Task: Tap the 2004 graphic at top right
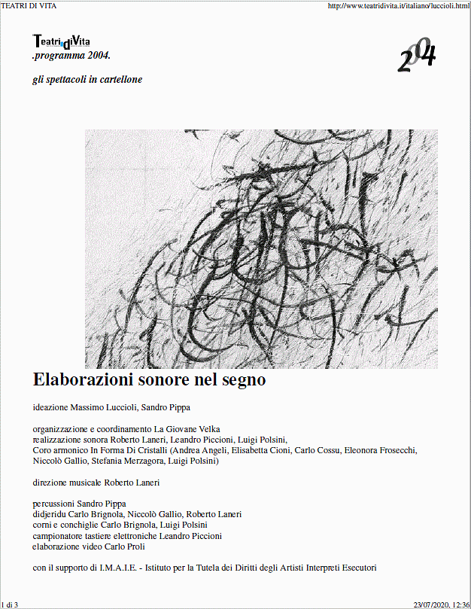(416, 55)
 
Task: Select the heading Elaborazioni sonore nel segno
(149, 380)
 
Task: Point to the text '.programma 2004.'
(71, 56)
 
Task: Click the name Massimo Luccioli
(102, 408)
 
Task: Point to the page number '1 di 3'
(11, 604)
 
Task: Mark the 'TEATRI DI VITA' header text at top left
(29, 6)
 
